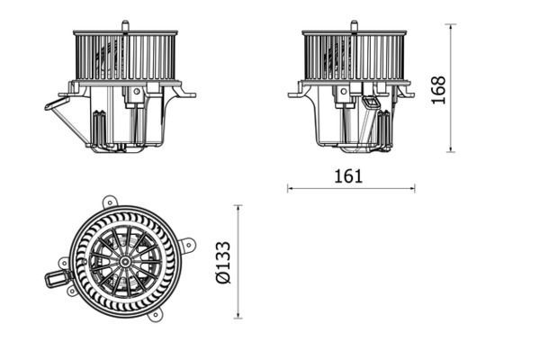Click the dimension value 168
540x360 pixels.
438,89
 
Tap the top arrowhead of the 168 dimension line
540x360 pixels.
450,27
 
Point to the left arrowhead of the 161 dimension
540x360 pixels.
291,188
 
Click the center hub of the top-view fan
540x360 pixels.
124,261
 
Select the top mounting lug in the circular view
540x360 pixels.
109,202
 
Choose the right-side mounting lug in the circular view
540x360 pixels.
187,244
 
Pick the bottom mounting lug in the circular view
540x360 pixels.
156,314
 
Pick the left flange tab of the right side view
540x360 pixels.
294,93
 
